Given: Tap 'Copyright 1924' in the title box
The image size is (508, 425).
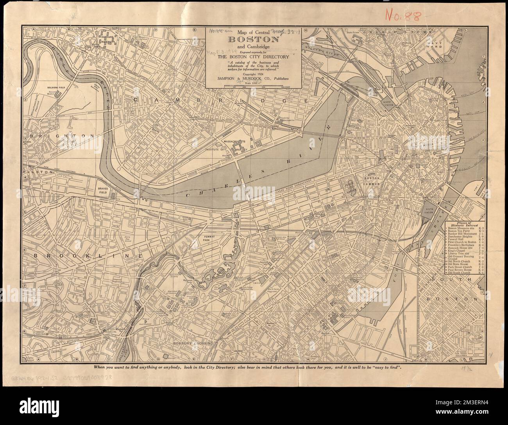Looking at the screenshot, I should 253,74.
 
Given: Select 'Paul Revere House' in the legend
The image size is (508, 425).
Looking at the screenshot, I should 461,269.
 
